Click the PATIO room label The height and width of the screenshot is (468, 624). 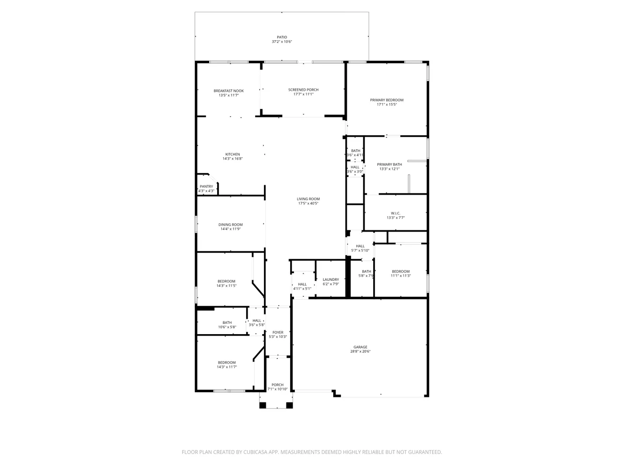click(x=281, y=37)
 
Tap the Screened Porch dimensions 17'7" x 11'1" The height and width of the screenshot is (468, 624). click(x=303, y=94)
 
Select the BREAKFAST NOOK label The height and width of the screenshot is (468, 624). click(x=228, y=91)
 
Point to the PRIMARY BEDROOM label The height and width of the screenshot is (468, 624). click(x=387, y=100)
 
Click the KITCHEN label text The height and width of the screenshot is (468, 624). click(x=233, y=154)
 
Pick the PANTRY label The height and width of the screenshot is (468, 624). click(x=206, y=186)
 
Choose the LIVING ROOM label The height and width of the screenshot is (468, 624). click(x=308, y=199)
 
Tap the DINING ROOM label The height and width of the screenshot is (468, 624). click(x=230, y=225)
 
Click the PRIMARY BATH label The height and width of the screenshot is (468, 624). click(x=389, y=165)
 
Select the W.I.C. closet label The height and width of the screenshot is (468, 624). click(x=396, y=213)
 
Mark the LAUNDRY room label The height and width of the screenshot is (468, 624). click(x=331, y=279)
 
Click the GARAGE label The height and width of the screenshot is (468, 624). click(x=360, y=347)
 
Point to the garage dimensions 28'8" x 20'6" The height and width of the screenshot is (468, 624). click(x=360, y=352)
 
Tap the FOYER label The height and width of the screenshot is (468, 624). click(x=278, y=332)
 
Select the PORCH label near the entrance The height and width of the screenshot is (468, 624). click(x=278, y=385)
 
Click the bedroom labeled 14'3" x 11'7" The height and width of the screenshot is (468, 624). click(x=227, y=365)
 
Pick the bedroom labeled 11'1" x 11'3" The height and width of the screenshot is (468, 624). click(x=401, y=274)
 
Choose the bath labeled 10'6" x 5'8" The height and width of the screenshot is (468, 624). click(x=227, y=325)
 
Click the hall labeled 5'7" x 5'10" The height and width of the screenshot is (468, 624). click(x=360, y=248)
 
